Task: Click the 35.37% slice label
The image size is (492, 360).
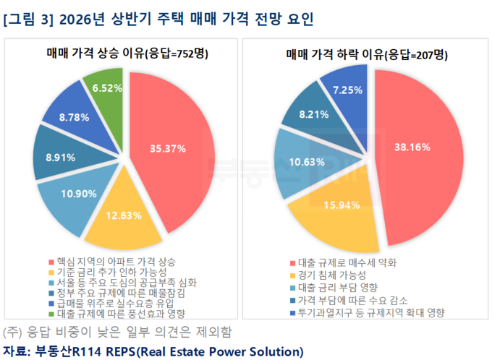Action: pos(168,148)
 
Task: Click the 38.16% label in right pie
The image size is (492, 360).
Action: pos(412,147)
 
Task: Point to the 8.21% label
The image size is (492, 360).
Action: pos(315,113)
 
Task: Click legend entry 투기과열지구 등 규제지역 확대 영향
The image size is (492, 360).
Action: pos(368,312)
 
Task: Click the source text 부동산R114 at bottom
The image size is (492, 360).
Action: pos(72,352)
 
